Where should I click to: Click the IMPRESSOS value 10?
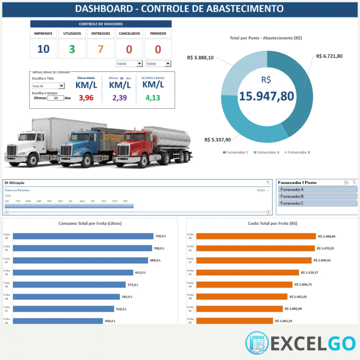[43, 49]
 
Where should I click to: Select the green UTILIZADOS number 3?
[72, 49]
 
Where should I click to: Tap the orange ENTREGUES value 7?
[101, 49]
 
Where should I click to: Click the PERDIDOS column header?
[158, 33]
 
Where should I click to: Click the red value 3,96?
[86, 98]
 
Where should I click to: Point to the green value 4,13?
[153, 98]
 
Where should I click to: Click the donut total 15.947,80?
[267, 96]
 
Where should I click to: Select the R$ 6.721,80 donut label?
[329, 56]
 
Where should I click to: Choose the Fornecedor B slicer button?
[317, 197]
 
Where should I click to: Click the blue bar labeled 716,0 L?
[83, 236]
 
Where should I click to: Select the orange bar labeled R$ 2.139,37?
[247, 272]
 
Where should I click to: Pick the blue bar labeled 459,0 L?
[58, 321]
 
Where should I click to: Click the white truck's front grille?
[12, 150]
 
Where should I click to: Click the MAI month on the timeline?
[50, 201]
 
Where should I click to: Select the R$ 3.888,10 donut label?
[200, 58]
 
